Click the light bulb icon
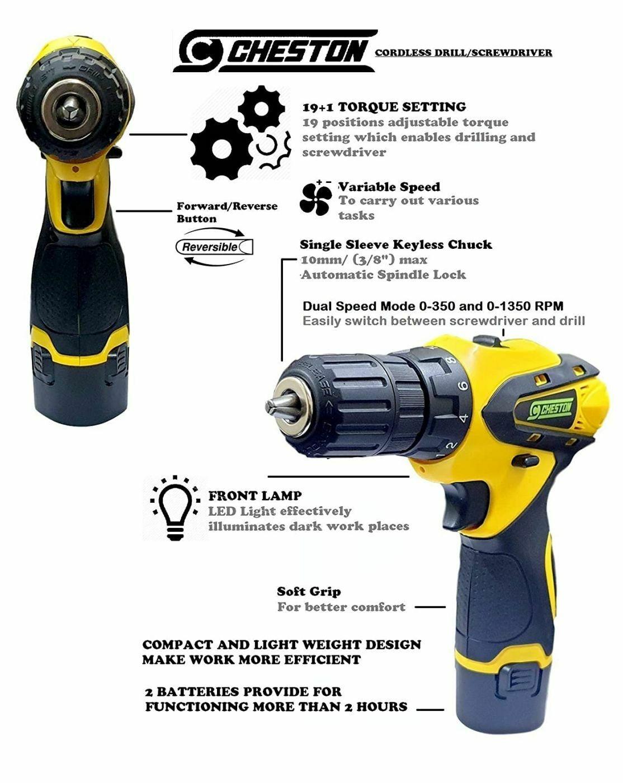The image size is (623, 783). [175, 508]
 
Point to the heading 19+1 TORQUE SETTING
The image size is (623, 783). [384, 107]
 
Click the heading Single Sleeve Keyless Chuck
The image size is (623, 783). [395, 244]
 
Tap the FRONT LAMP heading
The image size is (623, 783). [254, 496]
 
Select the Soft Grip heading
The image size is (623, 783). [309, 592]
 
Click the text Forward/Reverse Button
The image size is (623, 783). [226, 212]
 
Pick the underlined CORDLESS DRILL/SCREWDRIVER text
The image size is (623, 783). [463, 53]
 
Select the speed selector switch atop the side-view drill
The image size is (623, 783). [486, 341]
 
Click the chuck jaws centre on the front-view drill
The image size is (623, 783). [70, 108]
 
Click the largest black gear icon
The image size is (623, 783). [221, 149]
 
